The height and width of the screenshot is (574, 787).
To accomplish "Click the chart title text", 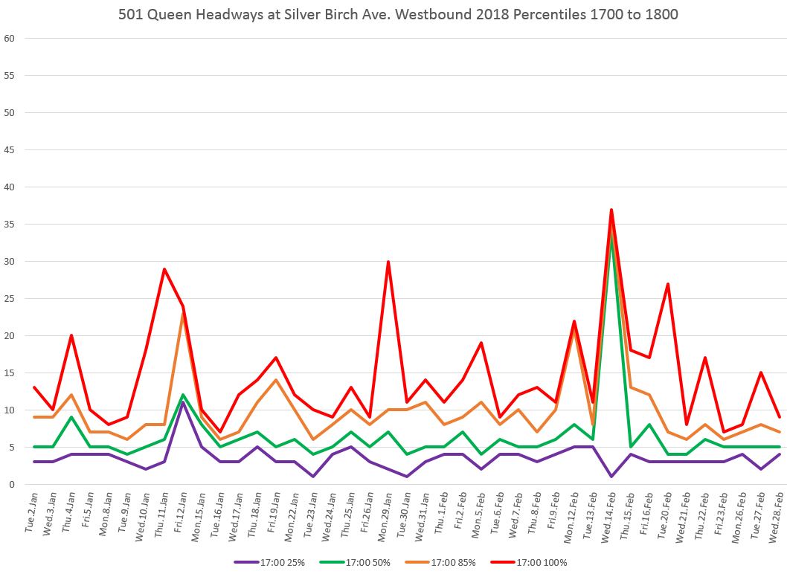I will pos(398,15).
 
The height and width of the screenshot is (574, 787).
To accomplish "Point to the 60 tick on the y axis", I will pos(10,39).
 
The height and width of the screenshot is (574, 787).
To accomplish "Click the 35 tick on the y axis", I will pos(10,225).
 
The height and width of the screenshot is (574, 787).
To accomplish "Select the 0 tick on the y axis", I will pos(12,485).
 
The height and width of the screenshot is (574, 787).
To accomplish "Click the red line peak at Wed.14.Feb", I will pos(611,210).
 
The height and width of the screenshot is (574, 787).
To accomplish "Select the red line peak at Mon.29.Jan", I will pos(388,262).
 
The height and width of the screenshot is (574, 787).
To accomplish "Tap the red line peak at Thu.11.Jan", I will pos(164,269).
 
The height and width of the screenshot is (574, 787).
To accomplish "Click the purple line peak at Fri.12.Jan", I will pos(183,403).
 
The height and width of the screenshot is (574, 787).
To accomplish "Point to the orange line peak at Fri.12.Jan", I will pos(183,314).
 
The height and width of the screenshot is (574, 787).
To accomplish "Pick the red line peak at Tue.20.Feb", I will pos(668,284).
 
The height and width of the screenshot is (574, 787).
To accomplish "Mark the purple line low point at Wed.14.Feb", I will pos(611,477).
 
